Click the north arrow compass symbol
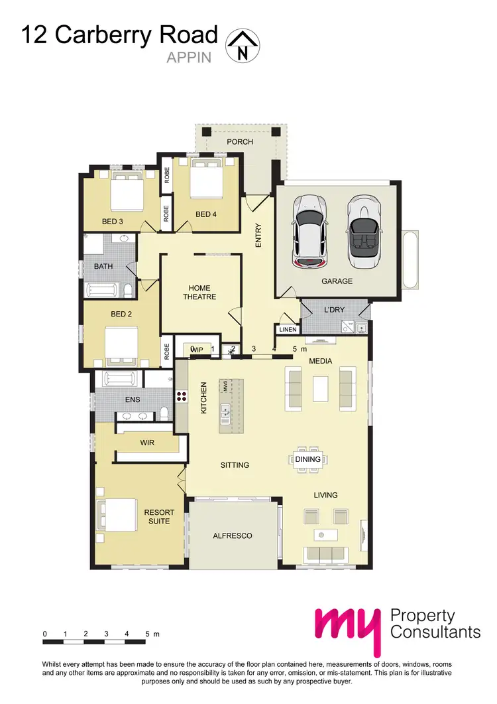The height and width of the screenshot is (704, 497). tap(243, 46)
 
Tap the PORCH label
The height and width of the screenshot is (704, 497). tap(240, 142)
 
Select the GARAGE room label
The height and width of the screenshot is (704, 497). tap(337, 281)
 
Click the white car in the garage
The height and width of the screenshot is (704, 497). tap(307, 230)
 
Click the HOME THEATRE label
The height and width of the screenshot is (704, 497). tap(199, 293)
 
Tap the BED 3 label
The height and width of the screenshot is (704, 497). tap(113, 222)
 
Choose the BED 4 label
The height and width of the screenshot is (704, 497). tap(206, 214)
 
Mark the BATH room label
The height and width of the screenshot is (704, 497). tap(103, 267)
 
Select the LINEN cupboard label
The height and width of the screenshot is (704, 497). tap(287, 329)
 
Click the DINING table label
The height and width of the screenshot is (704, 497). tap(307, 459)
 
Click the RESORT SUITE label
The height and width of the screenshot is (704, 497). tap(159, 517)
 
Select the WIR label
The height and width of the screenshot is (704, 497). tap(148, 442)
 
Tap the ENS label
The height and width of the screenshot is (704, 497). tap(133, 400)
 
